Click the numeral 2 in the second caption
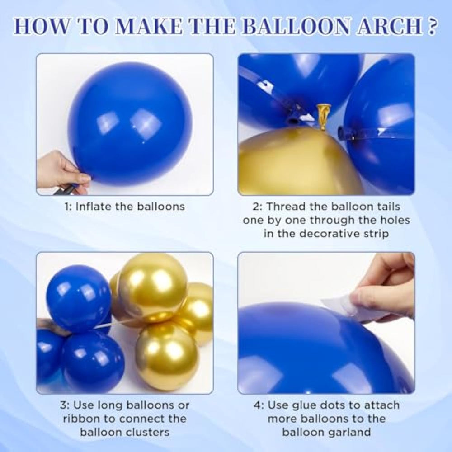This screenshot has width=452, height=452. click(x=256, y=207)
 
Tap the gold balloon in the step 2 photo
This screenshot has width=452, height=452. click(x=297, y=161)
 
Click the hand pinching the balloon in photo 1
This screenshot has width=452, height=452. click(x=62, y=171)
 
